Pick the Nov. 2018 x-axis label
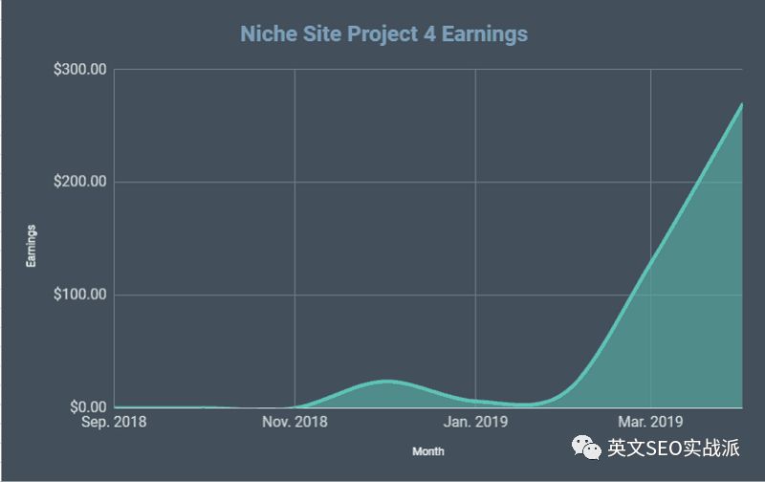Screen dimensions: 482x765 coord(295,422)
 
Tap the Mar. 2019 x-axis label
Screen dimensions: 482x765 coord(650,422)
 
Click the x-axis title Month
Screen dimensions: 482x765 coord(427,450)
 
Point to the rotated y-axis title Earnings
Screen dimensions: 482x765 coord(32,246)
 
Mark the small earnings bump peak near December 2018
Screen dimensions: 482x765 coord(385,381)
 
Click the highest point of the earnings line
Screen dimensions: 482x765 coord(742,104)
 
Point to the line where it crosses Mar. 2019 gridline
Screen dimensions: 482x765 coord(650,257)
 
